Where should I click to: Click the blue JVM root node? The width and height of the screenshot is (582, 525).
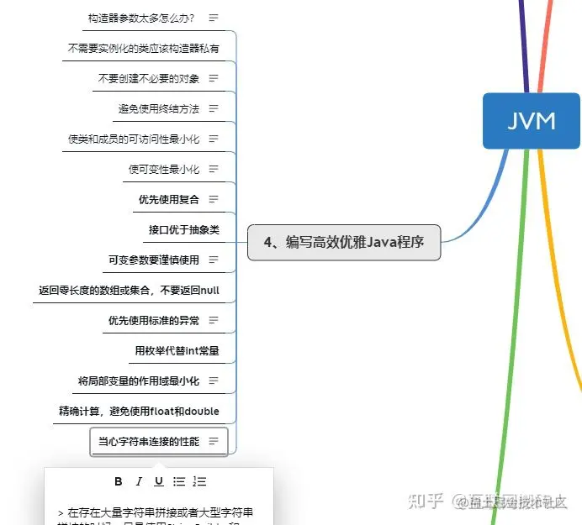(532, 121)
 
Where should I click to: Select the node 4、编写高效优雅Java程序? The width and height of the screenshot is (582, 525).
(343, 242)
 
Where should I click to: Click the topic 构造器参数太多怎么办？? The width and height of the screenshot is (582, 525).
(141, 18)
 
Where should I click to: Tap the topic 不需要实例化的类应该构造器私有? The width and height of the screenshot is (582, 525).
(143, 48)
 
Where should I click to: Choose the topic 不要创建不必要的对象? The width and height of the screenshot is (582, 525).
(148, 78)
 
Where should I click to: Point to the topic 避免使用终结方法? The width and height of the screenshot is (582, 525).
(158, 108)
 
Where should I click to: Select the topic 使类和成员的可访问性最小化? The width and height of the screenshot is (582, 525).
(133, 139)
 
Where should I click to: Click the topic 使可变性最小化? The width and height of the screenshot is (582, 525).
(163, 169)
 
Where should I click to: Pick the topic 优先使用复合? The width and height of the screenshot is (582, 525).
(168, 199)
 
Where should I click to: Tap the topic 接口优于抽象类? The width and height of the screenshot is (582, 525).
(183, 229)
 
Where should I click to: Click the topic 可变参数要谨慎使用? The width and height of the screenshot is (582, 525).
(153, 260)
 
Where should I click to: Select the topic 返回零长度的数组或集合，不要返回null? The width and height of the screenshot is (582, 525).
(129, 290)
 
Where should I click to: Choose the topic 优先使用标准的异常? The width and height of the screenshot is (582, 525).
(153, 320)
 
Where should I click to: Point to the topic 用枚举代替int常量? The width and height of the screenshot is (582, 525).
(177, 350)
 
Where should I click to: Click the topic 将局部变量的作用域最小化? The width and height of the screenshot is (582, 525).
(138, 381)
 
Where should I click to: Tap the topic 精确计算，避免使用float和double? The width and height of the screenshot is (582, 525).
(139, 411)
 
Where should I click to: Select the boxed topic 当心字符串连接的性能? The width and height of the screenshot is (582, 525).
(149, 441)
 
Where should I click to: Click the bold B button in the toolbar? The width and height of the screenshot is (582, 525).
(119, 481)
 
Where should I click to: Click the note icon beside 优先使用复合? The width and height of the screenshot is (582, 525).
(214, 199)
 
